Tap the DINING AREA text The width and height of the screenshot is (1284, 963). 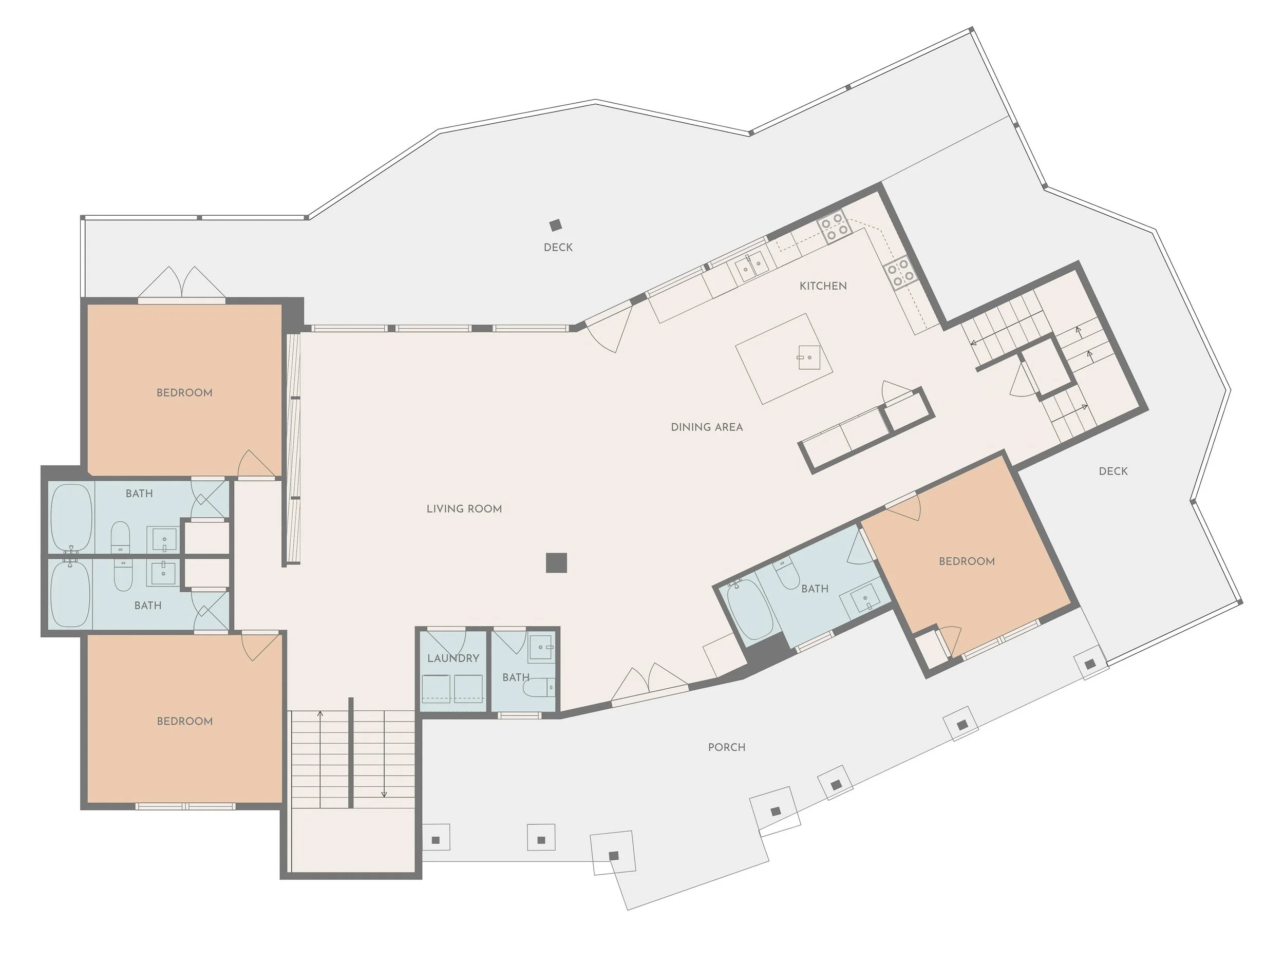point(706,427)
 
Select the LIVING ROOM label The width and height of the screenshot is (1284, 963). point(464,508)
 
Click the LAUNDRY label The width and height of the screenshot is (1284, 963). point(453,658)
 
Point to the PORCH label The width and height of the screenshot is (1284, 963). point(726,747)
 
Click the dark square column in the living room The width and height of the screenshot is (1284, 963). point(556,562)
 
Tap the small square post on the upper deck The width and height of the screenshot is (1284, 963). point(556,224)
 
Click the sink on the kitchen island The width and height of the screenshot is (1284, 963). point(808,357)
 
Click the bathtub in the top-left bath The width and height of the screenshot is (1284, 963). point(71,517)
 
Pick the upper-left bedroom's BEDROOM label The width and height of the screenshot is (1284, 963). point(184,393)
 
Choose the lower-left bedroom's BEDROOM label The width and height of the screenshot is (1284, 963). point(184,721)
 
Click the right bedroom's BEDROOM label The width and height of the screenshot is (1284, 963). point(967,561)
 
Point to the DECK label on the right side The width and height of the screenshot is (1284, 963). point(1113,471)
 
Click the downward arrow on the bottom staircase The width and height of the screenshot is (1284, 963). point(384,793)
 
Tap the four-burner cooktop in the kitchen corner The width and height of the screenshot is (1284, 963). point(834,226)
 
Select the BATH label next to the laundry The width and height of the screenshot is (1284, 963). point(516,677)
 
